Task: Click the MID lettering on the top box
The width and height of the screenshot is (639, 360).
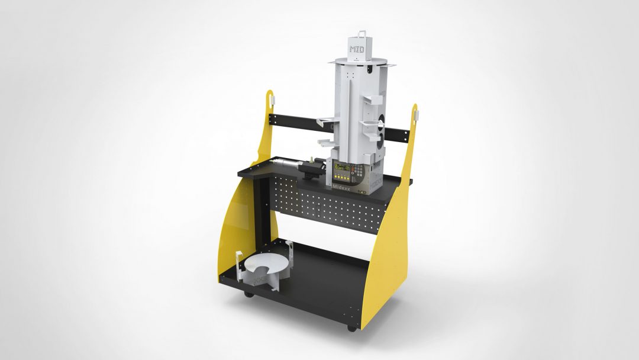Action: point(356,49)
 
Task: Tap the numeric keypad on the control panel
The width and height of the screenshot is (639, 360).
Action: point(358,171)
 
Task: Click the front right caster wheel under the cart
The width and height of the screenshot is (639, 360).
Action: point(352,327)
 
